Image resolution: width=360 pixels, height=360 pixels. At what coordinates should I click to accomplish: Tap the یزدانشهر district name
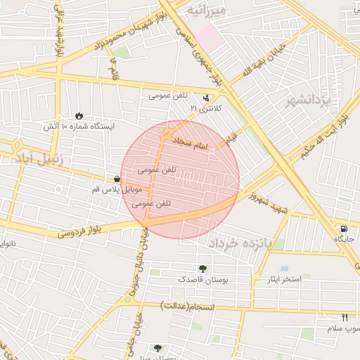(307, 101)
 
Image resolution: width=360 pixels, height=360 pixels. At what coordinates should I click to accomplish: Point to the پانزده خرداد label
(245, 243)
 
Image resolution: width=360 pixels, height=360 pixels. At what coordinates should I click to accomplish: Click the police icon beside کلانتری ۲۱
(206, 98)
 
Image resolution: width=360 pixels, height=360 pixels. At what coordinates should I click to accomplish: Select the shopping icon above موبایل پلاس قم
(116, 179)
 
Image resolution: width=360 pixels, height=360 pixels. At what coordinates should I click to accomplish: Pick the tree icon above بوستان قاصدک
(202, 268)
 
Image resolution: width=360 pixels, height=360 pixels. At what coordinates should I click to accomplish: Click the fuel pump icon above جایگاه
(343, 229)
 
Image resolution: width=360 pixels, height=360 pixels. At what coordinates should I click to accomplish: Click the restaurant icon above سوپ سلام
(345, 317)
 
